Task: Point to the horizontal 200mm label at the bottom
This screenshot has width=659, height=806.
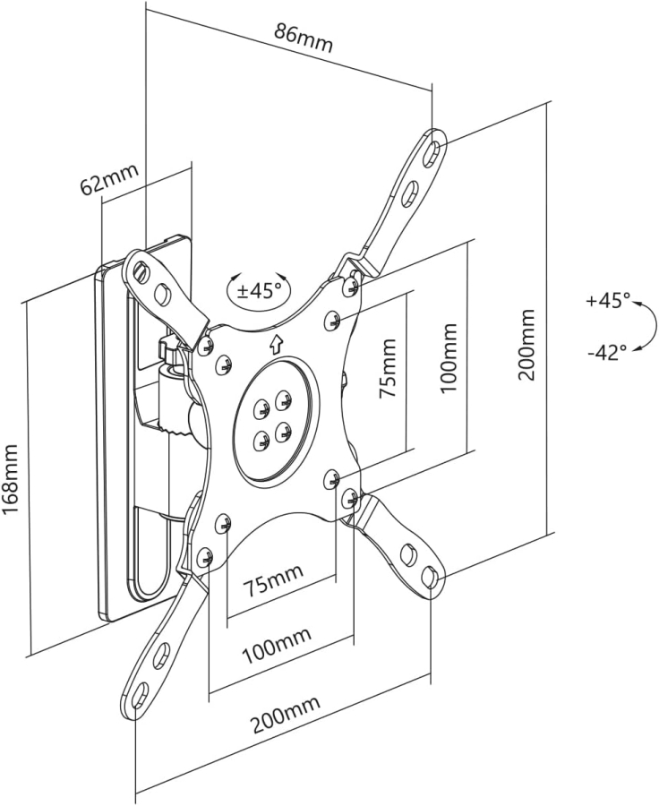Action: [x=284, y=715]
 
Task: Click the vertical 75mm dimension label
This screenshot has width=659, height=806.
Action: [x=388, y=369]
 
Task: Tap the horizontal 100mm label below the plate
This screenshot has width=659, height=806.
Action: [x=277, y=643]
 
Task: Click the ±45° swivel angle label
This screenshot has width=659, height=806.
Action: [x=259, y=290]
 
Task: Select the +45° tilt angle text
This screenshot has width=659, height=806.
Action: [x=608, y=301]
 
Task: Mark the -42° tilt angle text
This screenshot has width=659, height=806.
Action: [x=607, y=352]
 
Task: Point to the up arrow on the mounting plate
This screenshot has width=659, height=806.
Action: [x=276, y=342]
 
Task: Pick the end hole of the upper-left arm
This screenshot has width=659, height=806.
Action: [x=140, y=269]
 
